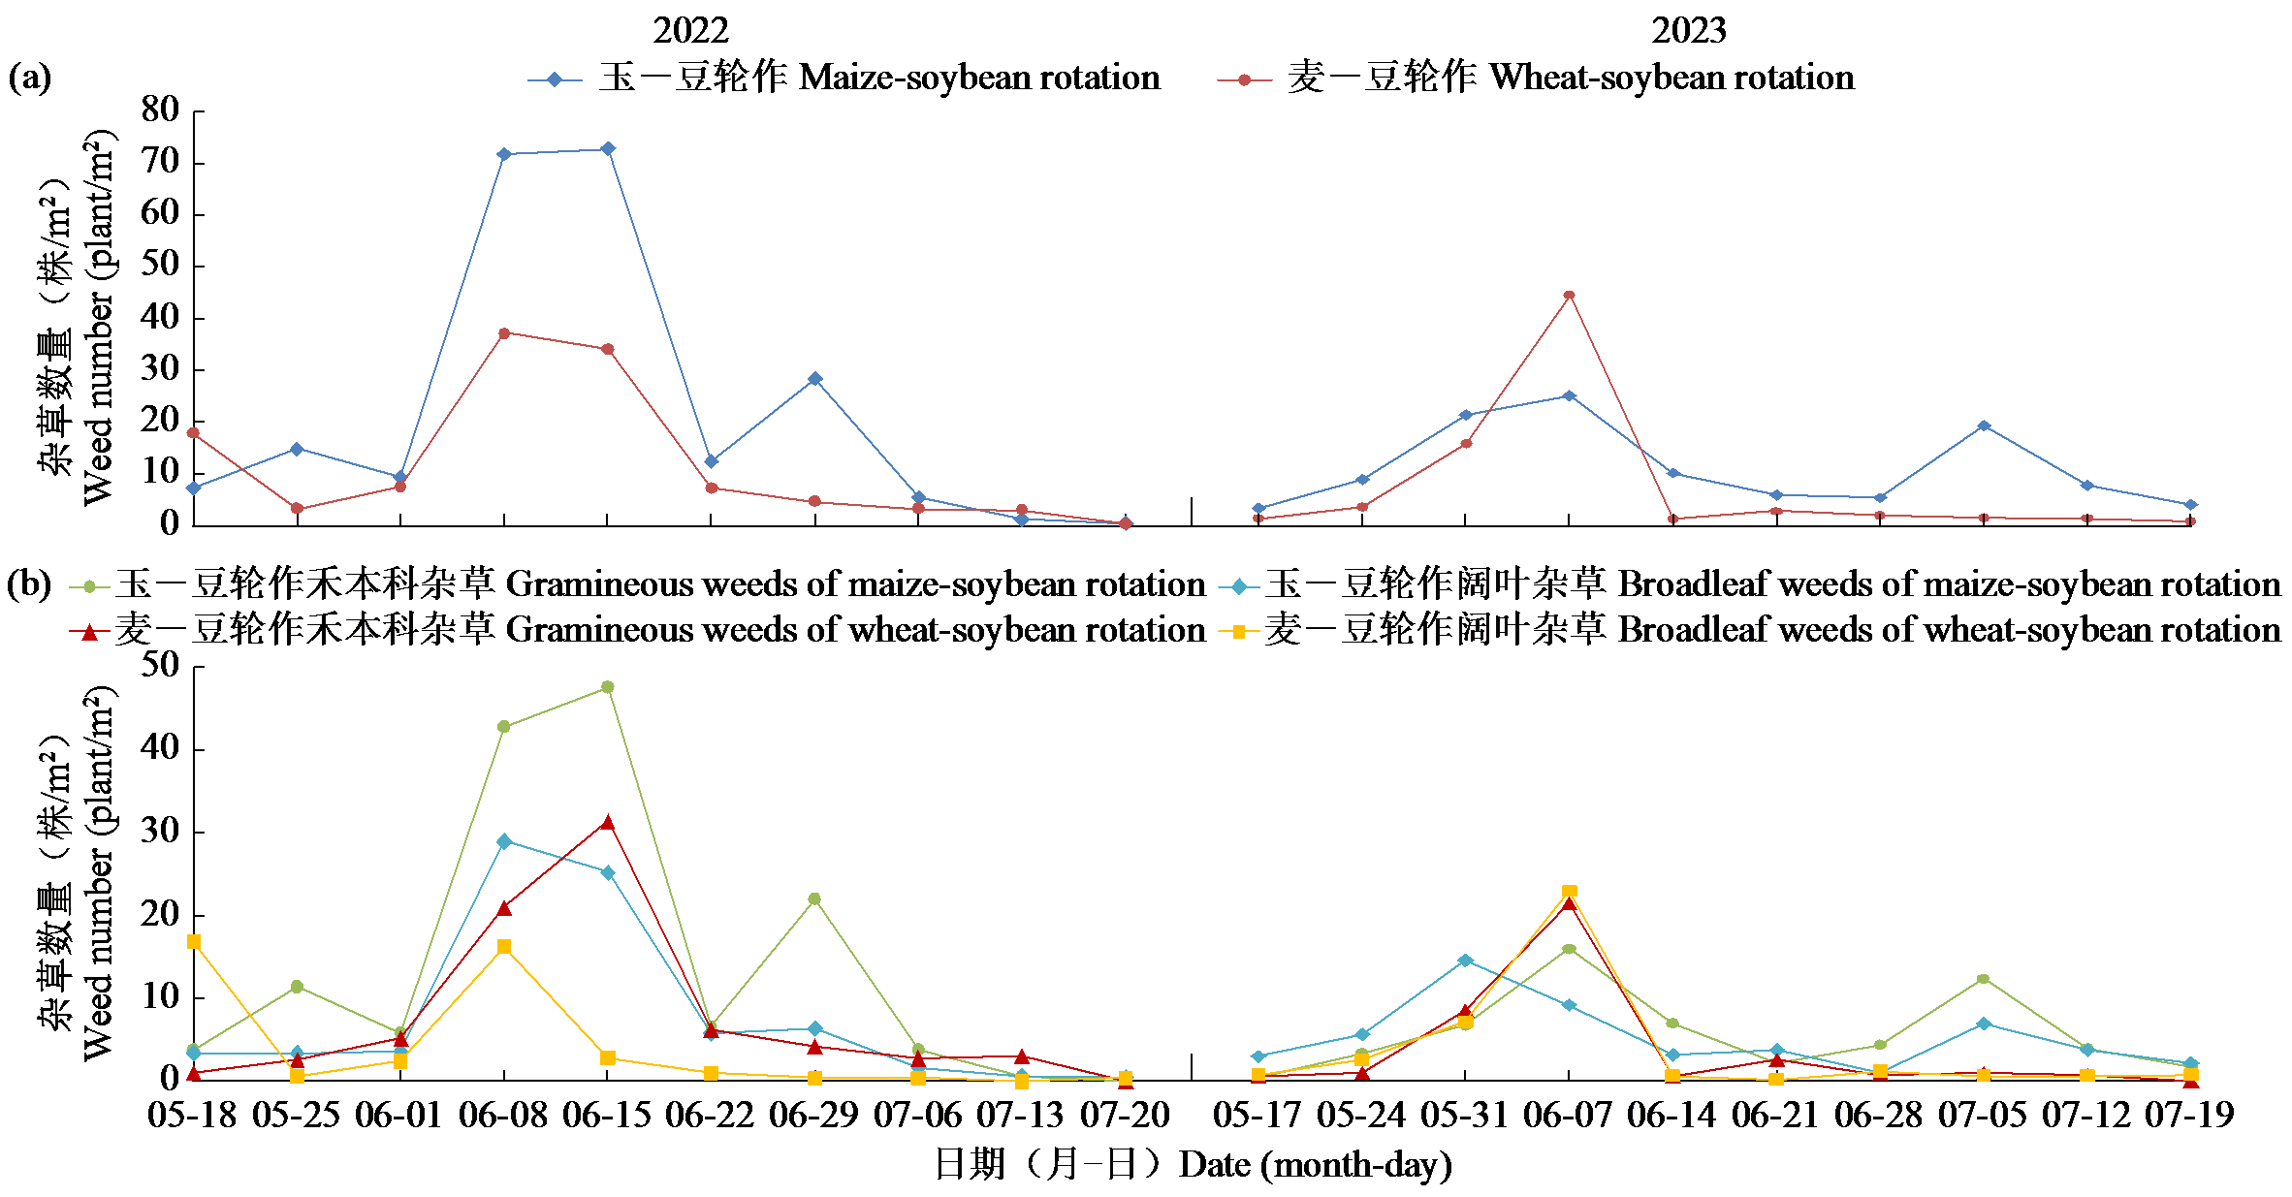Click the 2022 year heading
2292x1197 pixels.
pyautogui.click(x=690, y=31)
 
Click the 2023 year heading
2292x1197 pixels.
pyautogui.click(x=1688, y=31)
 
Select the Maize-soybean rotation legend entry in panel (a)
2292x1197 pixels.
pyautogui.click(x=844, y=78)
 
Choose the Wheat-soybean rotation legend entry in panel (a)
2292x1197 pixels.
pyautogui.click(x=1536, y=78)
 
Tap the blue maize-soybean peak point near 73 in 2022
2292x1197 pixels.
pyautogui.click(x=608, y=149)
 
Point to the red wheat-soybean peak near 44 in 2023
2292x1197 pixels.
pyautogui.click(x=1569, y=296)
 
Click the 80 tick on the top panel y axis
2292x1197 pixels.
pyautogui.click(x=160, y=110)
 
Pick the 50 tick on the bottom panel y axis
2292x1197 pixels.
pyautogui.click(x=160, y=666)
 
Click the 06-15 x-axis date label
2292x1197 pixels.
pyautogui.click(x=607, y=1116)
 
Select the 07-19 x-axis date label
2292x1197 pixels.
pyautogui.click(x=2189, y=1116)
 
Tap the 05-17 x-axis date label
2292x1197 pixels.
pyautogui.click(x=1257, y=1116)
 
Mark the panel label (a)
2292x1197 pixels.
pyautogui.click(x=29, y=77)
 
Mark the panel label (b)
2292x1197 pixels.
pyautogui.click(x=29, y=584)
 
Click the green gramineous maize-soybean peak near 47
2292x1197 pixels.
pyautogui.click(x=608, y=687)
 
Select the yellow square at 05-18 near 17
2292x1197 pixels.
pyautogui.click(x=194, y=941)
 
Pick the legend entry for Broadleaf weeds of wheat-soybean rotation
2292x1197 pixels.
pyautogui.click(x=1755, y=630)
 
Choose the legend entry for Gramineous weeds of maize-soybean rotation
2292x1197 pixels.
pyautogui.click(x=640, y=584)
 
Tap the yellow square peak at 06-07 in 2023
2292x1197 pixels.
pyautogui.click(x=1569, y=892)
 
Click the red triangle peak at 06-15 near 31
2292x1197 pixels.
pyautogui.click(x=608, y=822)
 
